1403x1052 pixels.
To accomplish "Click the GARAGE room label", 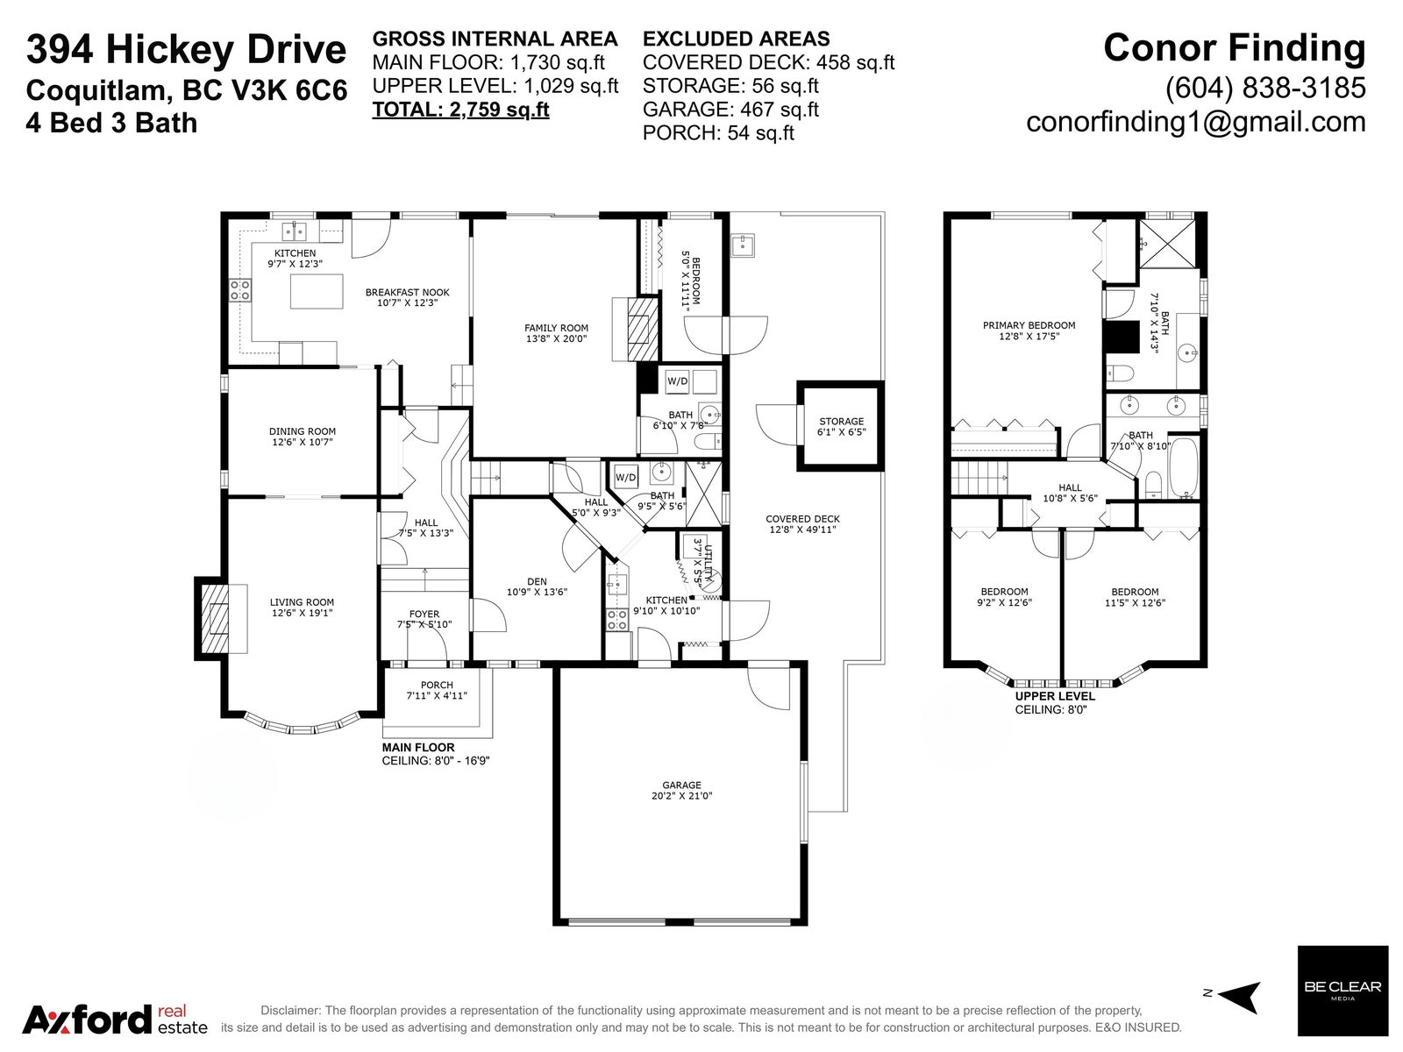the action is pyautogui.click(x=681, y=785).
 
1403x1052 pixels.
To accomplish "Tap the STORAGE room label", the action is pyautogui.click(x=841, y=422).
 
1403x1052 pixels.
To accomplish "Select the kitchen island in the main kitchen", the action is pyautogui.click(x=317, y=291).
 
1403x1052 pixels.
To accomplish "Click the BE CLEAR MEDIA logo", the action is pyautogui.click(x=1342, y=991).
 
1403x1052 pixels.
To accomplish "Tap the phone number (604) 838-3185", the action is pyautogui.click(x=1265, y=89).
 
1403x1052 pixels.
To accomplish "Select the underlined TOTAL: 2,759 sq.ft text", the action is pyautogui.click(x=461, y=110).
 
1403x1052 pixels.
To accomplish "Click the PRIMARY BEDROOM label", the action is pyautogui.click(x=1029, y=325).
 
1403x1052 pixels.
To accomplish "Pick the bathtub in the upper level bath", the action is pyautogui.click(x=1185, y=467).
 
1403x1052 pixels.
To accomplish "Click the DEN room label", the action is pyautogui.click(x=537, y=581).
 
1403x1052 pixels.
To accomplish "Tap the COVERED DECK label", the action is pyautogui.click(x=803, y=519).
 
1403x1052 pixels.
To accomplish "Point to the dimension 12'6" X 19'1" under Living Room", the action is pyautogui.click(x=302, y=613).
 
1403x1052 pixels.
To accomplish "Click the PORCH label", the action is pyautogui.click(x=438, y=685).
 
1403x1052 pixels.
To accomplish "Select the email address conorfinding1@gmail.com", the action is pyautogui.click(x=1196, y=122).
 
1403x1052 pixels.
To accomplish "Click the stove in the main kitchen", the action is pyautogui.click(x=240, y=291).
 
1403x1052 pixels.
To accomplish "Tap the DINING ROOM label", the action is pyautogui.click(x=303, y=431).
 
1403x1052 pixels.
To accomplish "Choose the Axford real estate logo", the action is pyautogui.click(x=116, y=1020).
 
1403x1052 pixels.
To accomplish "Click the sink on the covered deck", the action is pyautogui.click(x=743, y=245).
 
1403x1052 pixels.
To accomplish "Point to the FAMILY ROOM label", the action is pyautogui.click(x=556, y=328).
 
